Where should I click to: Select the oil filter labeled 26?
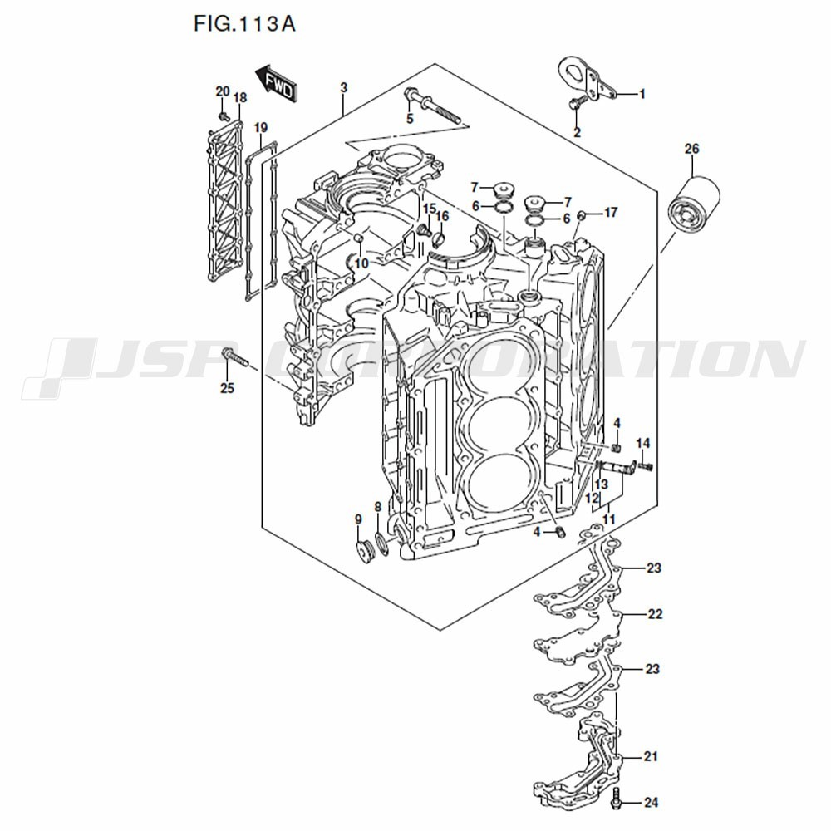(x=691, y=206)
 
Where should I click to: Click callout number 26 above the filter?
(x=691, y=150)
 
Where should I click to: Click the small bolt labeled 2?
(x=575, y=103)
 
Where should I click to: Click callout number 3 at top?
(x=344, y=88)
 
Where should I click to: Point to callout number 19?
(x=261, y=128)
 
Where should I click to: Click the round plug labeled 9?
(x=361, y=551)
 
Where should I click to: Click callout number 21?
(x=652, y=757)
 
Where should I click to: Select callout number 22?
(x=655, y=615)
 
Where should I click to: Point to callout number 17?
(x=611, y=213)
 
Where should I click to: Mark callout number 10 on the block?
(x=361, y=263)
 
